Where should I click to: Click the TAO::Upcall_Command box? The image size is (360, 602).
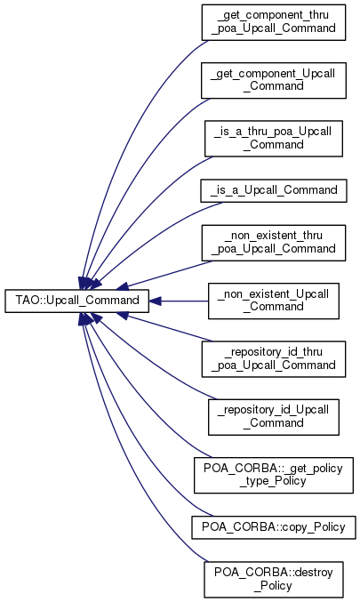point(76,301)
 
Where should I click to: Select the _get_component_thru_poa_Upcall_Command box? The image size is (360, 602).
point(274,22)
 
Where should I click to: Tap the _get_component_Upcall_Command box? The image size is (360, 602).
point(274,80)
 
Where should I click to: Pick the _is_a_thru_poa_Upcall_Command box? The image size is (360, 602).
point(274,139)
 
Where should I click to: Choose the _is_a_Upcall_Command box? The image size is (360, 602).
point(274,190)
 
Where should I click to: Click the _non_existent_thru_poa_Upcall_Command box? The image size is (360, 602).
point(274,243)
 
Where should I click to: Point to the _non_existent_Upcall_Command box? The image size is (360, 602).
point(274,301)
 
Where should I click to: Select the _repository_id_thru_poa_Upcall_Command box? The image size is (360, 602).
point(274,359)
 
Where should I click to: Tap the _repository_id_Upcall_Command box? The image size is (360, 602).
point(274,417)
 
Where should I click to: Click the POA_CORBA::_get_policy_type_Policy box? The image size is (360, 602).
point(274,476)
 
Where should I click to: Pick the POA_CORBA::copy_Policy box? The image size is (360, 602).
point(274,527)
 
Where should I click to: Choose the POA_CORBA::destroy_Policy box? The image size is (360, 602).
point(274,580)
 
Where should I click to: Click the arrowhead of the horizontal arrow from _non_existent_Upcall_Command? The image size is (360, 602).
point(155,301)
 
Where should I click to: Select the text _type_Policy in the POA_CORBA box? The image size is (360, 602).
point(273,482)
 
